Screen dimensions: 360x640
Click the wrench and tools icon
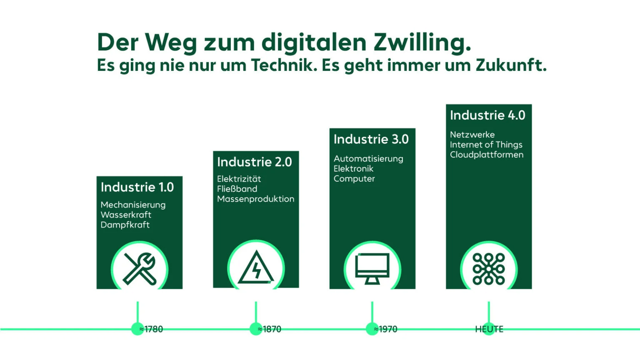139,269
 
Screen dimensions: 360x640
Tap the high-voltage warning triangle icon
256,269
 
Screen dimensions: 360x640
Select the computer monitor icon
372,269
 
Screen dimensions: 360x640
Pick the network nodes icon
489,269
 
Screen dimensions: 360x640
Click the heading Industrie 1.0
137,187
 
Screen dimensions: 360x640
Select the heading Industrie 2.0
254,162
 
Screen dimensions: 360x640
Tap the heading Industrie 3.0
371,139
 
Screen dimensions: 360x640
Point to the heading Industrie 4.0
487,115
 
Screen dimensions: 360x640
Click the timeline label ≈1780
151,329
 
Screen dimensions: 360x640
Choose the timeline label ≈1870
269,329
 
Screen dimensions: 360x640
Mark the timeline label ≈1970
385,329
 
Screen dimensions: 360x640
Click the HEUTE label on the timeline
489,329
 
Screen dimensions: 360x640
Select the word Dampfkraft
125,225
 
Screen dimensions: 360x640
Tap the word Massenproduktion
256,199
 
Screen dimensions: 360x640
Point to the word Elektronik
354,169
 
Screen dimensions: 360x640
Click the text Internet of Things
486,145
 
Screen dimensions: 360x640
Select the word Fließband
237,189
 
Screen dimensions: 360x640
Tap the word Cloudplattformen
486,155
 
